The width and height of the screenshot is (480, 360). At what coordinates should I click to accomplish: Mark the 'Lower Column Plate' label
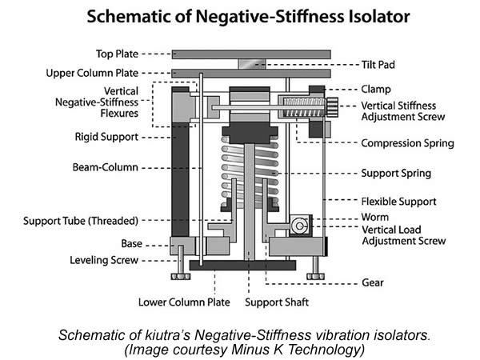click(x=184, y=303)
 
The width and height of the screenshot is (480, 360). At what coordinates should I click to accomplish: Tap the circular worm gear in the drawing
click(x=301, y=226)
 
